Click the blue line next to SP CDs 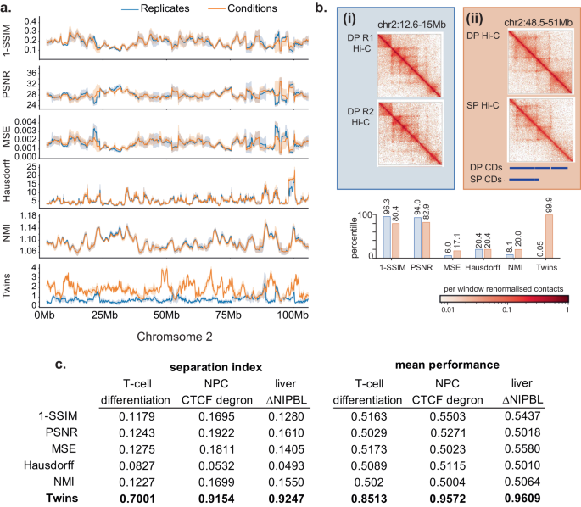(522, 179)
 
